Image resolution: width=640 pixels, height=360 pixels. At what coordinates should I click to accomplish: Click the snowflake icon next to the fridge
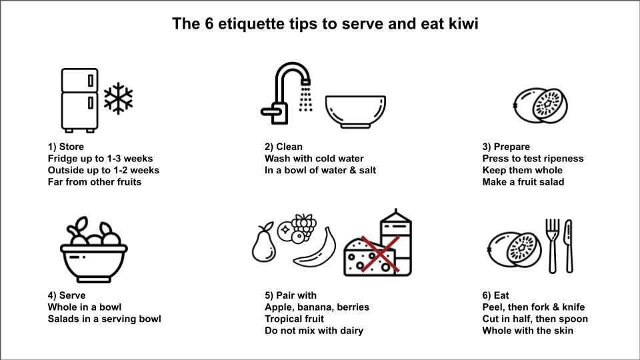click(x=119, y=99)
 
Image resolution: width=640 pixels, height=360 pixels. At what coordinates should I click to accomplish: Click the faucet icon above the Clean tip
click(x=287, y=93)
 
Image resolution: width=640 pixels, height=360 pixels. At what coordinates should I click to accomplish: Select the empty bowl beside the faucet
click(x=355, y=112)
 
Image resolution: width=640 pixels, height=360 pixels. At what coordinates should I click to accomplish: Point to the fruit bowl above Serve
click(x=94, y=249)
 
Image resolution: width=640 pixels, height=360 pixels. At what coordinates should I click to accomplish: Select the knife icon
click(x=569, y=246)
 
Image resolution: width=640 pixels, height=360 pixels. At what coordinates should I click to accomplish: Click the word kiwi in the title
click(x=463, y=24)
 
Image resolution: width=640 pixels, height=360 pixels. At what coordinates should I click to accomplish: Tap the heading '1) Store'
click(x=66, y=147)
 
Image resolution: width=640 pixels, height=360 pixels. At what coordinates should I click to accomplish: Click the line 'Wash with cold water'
click(x=314, y=159)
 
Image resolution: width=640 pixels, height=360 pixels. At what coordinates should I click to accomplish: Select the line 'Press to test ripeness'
click(x=533, y=159)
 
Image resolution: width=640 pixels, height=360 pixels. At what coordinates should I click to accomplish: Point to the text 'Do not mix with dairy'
click(x=314, y=331)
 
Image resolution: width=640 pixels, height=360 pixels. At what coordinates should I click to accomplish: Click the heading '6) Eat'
click(x=495, y=295)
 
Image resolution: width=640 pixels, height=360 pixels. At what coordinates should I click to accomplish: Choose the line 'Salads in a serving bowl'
click(x=104, y=319)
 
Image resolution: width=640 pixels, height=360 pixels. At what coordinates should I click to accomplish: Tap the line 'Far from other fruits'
click(x=94, y=182)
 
